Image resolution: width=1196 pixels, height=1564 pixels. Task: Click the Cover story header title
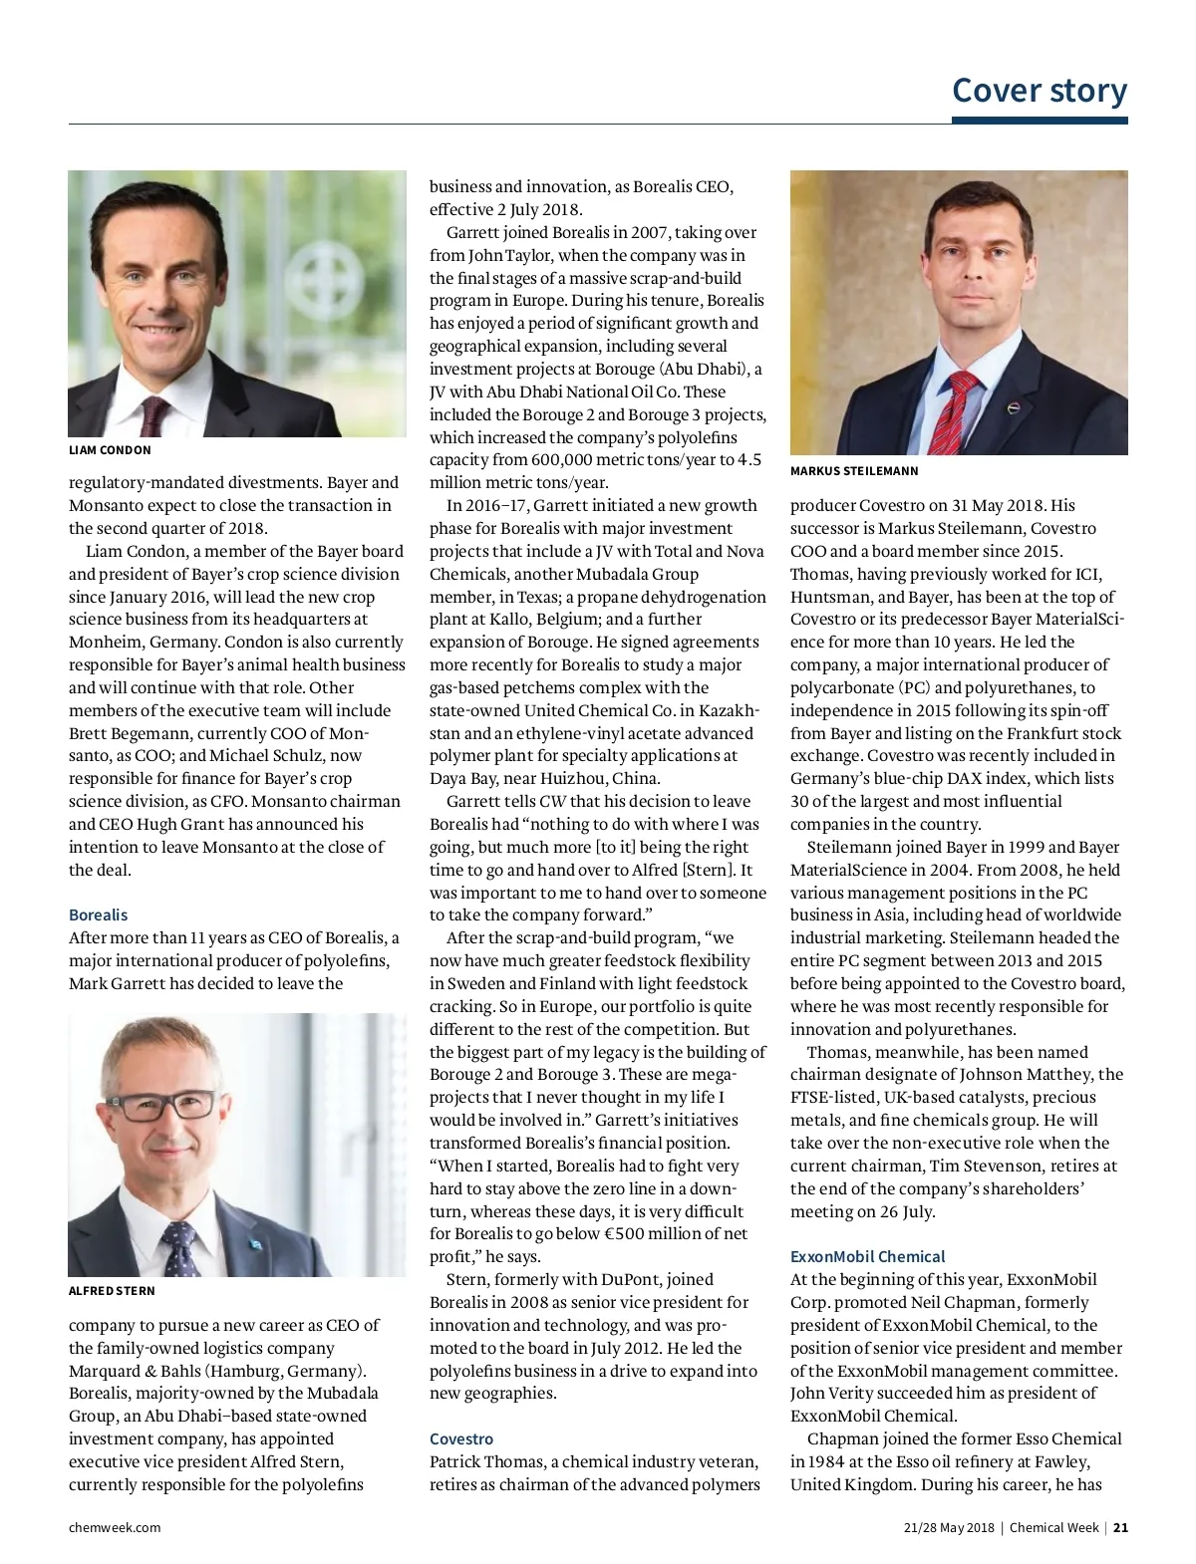click(x=1040, y=90)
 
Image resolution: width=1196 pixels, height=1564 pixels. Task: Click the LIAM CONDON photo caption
click(x=110, y=450)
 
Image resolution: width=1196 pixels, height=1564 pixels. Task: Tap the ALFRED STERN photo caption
click(x=112, y=1290)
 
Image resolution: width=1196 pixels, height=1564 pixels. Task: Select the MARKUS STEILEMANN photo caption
click(x=854, y=470)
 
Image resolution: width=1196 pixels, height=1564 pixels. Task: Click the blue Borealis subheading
click(x=98, y=914)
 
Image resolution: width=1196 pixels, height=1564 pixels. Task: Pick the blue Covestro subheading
click(x=461, y=1438)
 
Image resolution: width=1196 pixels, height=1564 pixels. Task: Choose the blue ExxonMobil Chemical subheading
click(x=867, y=1256)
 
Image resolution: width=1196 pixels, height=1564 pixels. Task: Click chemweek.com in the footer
click(x=115, y=1527)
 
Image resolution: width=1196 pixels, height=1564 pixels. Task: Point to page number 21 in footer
click(x=1120, y=1527)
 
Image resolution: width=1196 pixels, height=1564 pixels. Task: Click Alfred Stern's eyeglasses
click(x=164, y=1105)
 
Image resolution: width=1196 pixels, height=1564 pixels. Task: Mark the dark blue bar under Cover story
click(x=1040, y=121)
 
